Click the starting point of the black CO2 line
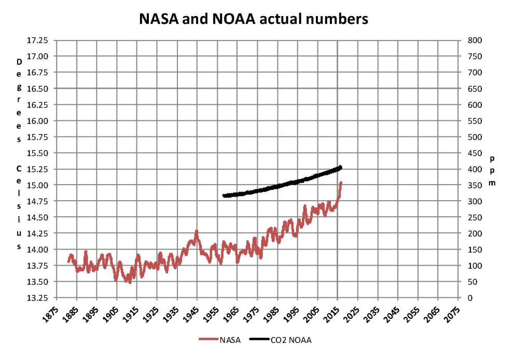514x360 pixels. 224,196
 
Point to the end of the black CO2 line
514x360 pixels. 341,167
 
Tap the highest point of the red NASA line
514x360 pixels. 341,183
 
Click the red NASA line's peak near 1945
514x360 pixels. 196,231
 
